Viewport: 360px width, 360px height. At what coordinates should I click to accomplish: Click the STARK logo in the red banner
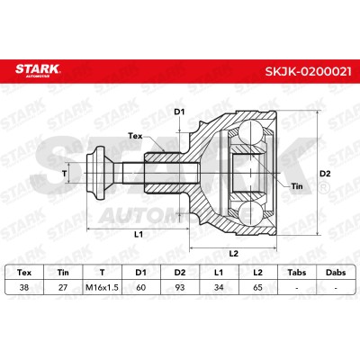[38, 70]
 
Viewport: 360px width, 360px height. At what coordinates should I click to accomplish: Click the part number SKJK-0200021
[308, 71]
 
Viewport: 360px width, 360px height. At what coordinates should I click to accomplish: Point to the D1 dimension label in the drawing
[179, 112]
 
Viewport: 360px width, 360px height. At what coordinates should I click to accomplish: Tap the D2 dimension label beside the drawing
[325, 174]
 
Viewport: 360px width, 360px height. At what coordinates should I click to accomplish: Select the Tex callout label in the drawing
[135, 136]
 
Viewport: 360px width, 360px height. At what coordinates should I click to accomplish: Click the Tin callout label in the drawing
[297, 186]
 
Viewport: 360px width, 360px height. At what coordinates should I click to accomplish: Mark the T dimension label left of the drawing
[64, 174]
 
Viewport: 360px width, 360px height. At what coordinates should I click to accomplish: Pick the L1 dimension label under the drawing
[138, 235]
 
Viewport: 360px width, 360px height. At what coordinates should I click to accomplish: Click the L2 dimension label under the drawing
[233, 254]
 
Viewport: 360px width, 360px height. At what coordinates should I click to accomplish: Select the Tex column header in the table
[24, 273]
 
